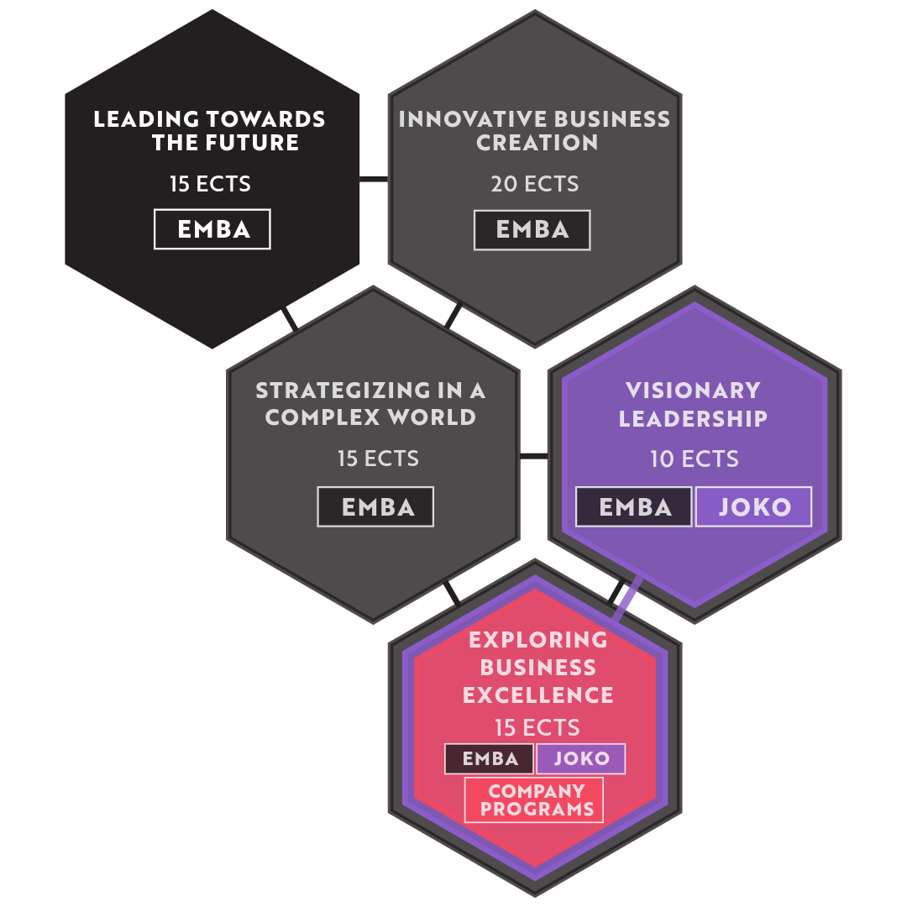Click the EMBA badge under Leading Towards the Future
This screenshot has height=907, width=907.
pyautogui.click(x=212, y=229)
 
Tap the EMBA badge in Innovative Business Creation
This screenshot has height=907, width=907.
pyautogui.click(x=532, y=229)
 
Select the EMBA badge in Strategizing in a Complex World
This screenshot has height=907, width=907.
pyautogui.click(x=375, y=506)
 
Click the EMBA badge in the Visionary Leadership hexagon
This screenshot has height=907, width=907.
pyautogui.click(x=634, y=506)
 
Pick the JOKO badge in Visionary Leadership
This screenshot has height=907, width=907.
pyautogui.click(x=753, y=506)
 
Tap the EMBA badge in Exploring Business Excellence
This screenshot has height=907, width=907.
pyautogui.click(x=490, y=758)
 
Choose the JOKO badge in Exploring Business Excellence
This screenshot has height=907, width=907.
pyautogui.click(x=581, y=758)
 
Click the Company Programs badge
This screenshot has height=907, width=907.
pyautogui.click(x=534, y=800)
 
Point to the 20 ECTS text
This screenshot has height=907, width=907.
pyautogui.click(x=534, y=184)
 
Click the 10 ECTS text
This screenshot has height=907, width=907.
pyautogui.click(x=695, y=459)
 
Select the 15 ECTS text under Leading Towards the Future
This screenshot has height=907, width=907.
pyautogui.click(x=210, y=184)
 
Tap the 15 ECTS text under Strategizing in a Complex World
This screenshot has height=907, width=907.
pyautogui.click(x=378, y=459)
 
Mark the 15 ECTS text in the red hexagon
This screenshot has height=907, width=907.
pyautogui.click(x=537, y=727)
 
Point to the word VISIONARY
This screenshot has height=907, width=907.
pyautogui.click(x=693, y=391)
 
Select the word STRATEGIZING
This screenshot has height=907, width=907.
pyautogui.click(x=343, y=391)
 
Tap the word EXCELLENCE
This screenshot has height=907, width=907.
pyautogui.click(x=538, y=695)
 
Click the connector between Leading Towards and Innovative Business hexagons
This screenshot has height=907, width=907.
pyautogui.click(x=374, y=180)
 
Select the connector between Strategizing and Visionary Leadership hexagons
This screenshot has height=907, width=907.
pyautogui.click(x=534, y=456)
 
